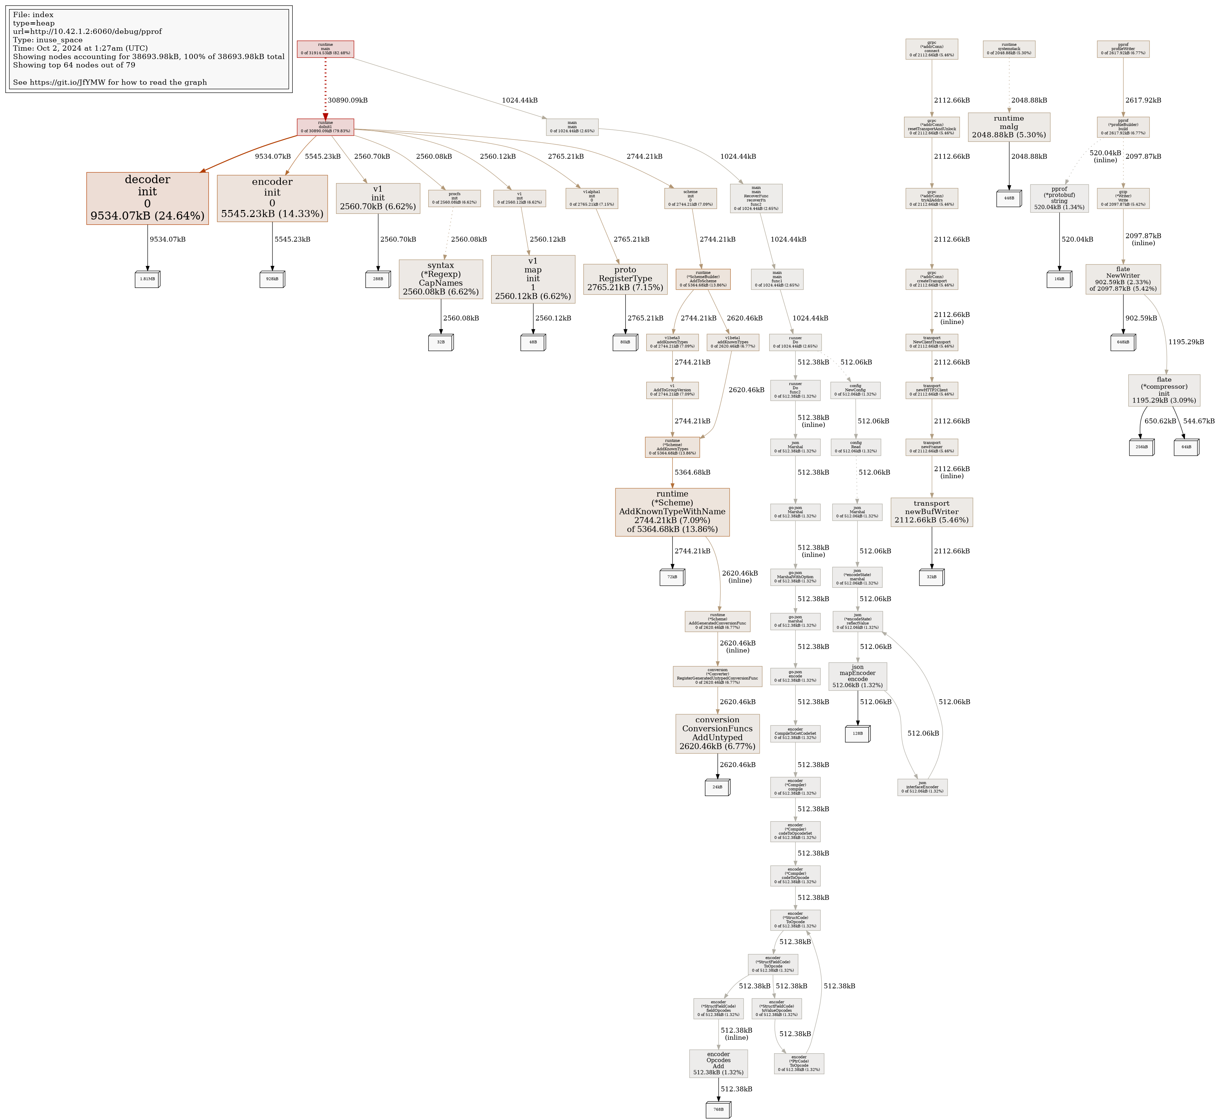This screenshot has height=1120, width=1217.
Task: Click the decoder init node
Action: pos(147,198)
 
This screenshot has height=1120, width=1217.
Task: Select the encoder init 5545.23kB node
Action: pos(272,198)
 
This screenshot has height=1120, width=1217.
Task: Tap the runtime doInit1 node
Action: pos(325,127)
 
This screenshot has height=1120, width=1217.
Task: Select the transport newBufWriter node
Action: pos(932,512)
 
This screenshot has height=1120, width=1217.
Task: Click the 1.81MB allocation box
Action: pos(147,280)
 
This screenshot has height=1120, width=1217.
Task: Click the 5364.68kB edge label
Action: pos(692,472)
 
